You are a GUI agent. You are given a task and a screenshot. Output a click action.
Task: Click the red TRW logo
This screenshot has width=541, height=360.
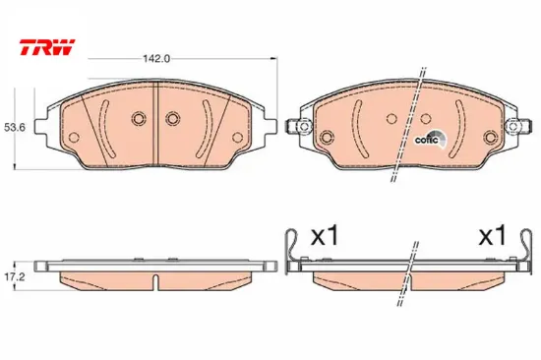(47, 47)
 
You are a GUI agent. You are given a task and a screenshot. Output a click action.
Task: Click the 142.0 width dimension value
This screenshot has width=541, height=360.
(156, 59)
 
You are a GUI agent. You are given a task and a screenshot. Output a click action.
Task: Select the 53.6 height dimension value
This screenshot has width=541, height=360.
(15, 127)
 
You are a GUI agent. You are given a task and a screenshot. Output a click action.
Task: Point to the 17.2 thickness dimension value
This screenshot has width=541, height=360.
(15, 276)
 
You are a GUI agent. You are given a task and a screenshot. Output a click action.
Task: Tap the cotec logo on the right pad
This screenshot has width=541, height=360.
(430, 140)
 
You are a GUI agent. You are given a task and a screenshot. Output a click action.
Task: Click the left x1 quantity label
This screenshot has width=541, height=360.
(325, 236)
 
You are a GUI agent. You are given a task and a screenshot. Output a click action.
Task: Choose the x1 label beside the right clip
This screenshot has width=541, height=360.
(492, 236)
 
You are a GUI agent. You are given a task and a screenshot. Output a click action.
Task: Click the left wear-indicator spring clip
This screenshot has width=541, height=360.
(291, 251)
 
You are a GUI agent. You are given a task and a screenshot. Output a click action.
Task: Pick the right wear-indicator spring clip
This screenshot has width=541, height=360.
(525, 251)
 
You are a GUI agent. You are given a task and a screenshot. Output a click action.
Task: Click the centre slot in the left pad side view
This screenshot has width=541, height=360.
(156, 281)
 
